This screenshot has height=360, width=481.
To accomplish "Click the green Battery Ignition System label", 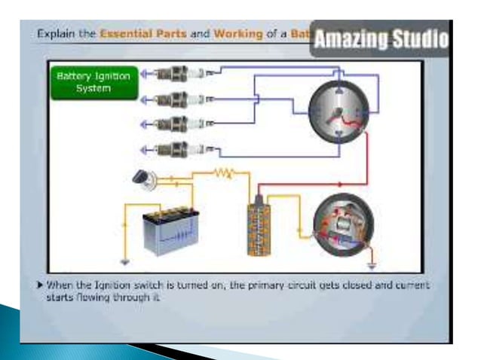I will coord(94,83).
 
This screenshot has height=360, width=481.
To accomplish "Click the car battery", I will coord(170,230).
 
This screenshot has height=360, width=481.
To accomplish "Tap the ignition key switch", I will coord(141,178).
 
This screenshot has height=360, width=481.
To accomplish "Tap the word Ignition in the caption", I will coord(114,287).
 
